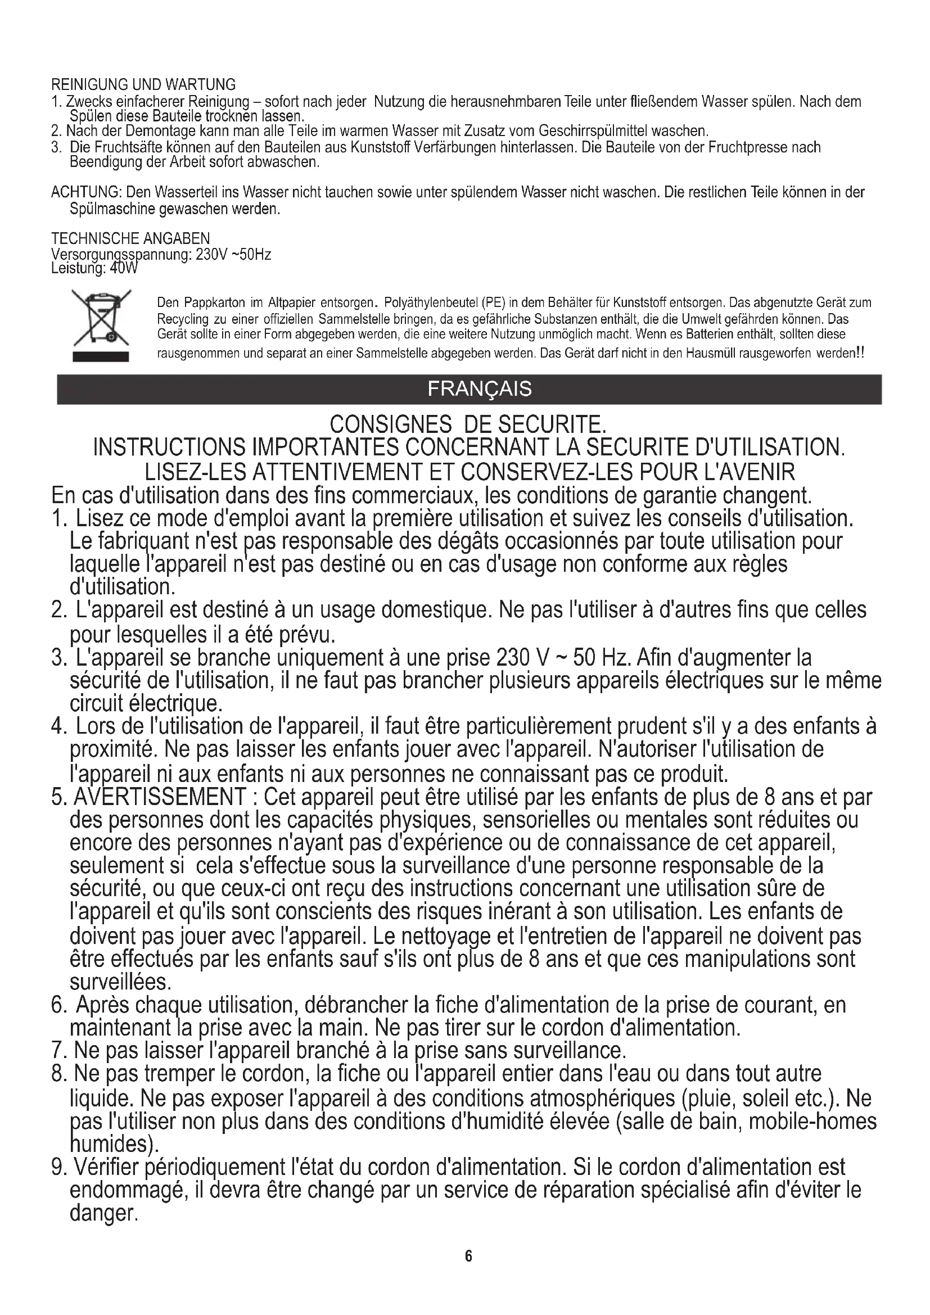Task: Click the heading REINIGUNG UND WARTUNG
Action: pyautogui.click(x=143, y=85)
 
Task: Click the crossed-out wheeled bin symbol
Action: pyautogui.click(x=101, y=317)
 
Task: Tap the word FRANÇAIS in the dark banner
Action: pyautogui.click(x=479, y=389)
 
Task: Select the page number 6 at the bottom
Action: pyautogui.click(x=468, y=1255)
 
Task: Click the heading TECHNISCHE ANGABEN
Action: pyautogui.click(x=130, y=238)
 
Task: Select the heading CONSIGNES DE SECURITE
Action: pyautogui.click(x=468, y=424)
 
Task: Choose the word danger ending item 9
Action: pyautogui.click(x=103, y=1213)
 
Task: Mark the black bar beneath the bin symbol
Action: pyautogui.click(x=101, y=357)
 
